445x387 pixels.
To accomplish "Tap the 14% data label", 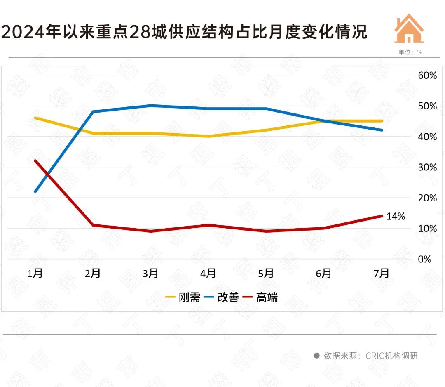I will tap(396, 216).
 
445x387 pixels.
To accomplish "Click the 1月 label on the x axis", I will tap(35, 273).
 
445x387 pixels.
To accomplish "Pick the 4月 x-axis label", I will tap(208, 273).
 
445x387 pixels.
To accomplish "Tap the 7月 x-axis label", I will tap(382, 273).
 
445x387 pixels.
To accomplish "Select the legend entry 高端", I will tap(260, 297).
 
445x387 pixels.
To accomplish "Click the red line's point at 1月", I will tap(35, 160).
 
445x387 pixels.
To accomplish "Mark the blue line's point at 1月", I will tap(35, 191).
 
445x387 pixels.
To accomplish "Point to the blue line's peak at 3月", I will tap(151, 106).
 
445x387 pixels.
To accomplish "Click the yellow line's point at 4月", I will tap(208, 136).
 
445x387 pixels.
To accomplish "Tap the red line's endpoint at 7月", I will tap(382, 216).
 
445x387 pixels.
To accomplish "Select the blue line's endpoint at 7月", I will tap(382, 130).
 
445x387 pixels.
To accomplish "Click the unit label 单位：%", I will tap(410, 52).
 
